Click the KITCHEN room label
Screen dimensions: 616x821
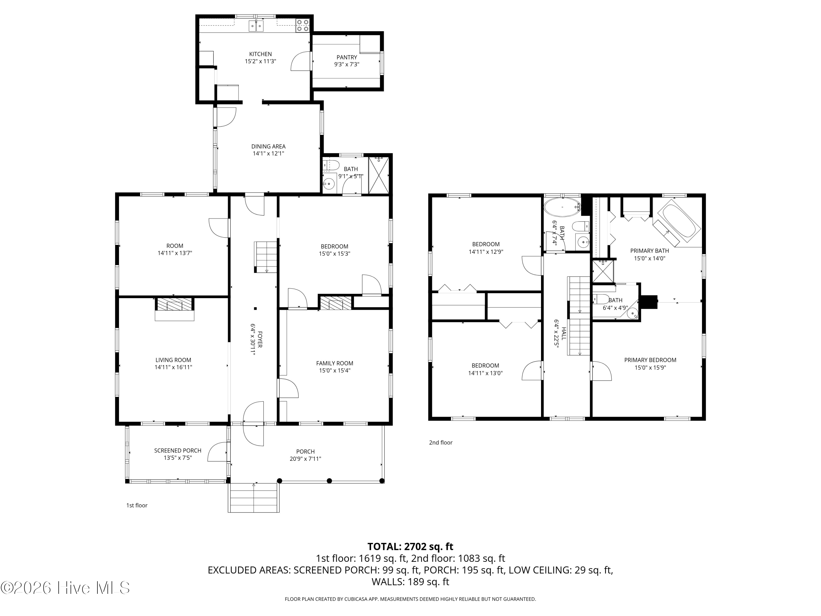260,54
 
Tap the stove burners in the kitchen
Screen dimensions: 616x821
302,25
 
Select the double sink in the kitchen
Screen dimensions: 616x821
256,26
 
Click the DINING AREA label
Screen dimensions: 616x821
268,146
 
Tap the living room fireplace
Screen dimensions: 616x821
174,305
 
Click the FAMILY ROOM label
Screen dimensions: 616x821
334,363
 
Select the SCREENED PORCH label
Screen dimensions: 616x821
178,450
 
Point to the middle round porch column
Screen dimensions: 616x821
329,481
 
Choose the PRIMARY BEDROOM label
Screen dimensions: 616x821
650,360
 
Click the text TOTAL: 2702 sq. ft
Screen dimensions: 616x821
410,546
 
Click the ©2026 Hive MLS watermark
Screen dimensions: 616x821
65,588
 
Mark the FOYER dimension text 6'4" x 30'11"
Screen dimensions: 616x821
253,339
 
